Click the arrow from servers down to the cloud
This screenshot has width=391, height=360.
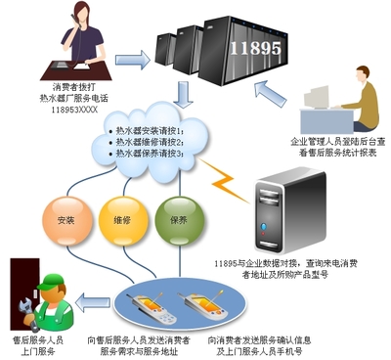182,96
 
